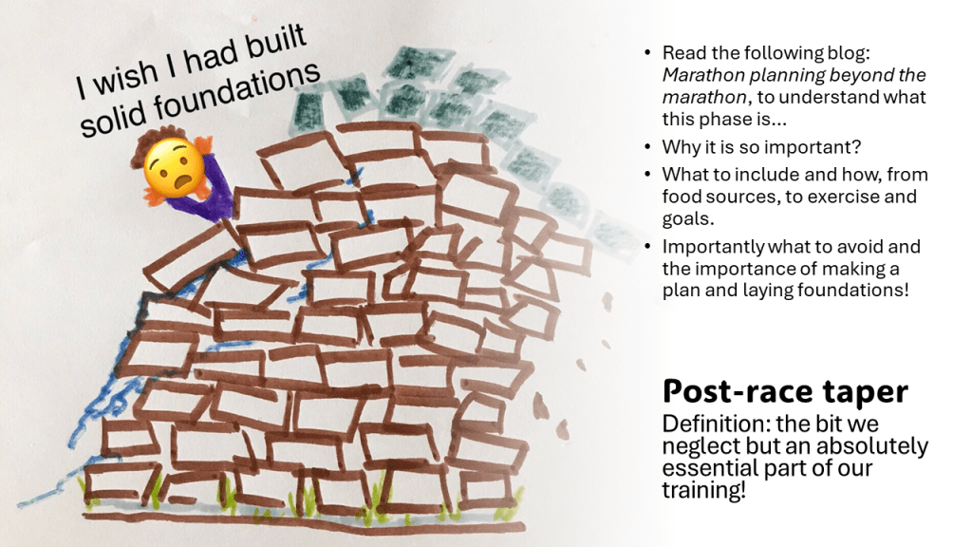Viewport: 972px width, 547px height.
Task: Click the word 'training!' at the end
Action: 703,490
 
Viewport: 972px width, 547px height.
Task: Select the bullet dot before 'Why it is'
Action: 647,147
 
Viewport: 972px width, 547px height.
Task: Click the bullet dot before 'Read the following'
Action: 647,53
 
